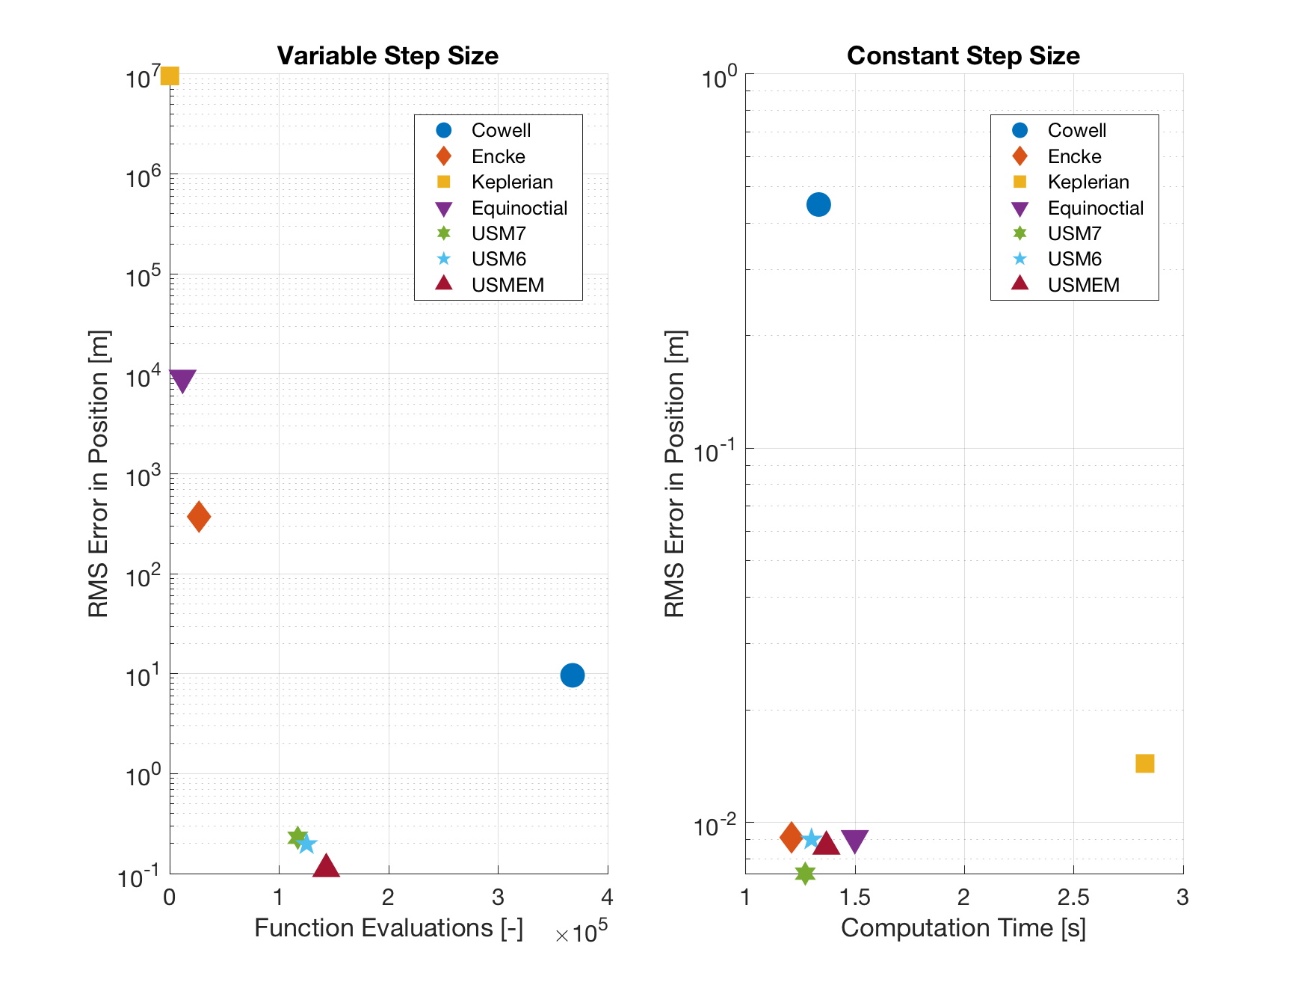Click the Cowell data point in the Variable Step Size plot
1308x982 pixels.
coord(572,675)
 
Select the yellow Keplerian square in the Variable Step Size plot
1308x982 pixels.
coord(170,76)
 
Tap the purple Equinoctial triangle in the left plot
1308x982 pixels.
coord(182,380)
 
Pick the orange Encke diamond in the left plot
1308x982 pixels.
coord(199,516)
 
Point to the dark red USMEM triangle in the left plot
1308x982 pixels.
coord(326,867)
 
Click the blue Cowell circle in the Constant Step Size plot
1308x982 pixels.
coord(818,204)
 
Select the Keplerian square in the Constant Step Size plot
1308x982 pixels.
coord(1144,764)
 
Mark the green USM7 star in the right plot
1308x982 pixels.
coord(805,873)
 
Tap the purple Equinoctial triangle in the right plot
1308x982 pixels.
coord(854,841)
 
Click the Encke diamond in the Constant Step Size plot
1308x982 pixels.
coord(791,838)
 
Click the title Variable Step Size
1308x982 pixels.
coord(387,56)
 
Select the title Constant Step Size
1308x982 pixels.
coord(963,56)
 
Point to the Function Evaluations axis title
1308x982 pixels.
coord(388,928)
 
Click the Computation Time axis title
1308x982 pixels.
coord(963,928)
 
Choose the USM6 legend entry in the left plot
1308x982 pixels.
coord(499,259)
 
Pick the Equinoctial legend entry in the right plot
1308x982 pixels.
coord(1095,208)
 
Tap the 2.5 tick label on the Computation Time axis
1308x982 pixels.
coord(1073,897)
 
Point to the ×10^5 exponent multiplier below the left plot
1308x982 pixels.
coord(581,933)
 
